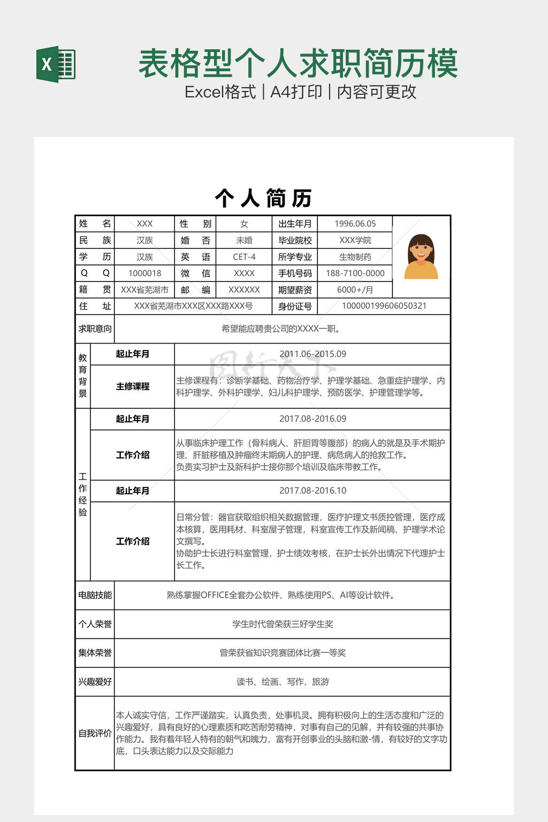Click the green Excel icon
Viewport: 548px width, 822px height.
coord(56,65)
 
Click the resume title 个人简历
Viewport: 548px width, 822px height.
coord(263,198)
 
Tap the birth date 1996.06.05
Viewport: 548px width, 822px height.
coord(355,224)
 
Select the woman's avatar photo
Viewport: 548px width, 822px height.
coord(421,257)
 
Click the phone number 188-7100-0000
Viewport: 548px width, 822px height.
coord(355,273)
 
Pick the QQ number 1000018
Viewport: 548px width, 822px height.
coord(144,273)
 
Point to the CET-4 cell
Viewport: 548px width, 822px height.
coord(244,257)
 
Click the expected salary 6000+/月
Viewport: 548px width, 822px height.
coord(355,290)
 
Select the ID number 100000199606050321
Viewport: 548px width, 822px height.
coord(384,306)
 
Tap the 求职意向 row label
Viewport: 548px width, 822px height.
coord(95,329)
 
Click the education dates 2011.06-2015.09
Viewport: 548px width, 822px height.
coord(313,354)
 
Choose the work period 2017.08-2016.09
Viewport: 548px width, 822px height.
coord(313,418)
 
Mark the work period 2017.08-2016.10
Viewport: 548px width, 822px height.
coord(313,490)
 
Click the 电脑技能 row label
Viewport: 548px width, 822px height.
coord(95,595)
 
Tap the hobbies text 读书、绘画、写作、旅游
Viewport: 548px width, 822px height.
coord(283,682)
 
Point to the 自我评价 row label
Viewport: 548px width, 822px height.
coord(95,733)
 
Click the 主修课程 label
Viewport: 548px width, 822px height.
coord(132,386)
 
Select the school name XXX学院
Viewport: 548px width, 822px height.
coord(355,240)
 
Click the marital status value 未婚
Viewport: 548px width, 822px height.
coord(244,240)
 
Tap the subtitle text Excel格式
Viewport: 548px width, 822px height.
coord(220,92)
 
